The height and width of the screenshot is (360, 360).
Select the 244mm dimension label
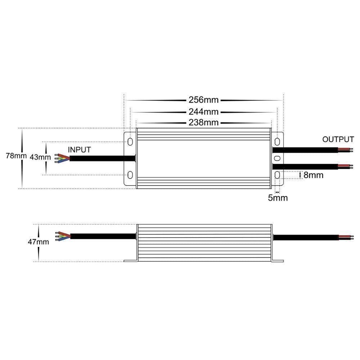point(204,112)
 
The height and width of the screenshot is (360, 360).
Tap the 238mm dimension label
point(204,123)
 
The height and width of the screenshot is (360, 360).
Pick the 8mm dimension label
point(313,175)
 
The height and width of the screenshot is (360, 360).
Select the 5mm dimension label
point(278,198)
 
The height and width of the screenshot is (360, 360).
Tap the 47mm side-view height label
point(38,242)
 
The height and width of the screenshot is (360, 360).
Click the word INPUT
point(80,149)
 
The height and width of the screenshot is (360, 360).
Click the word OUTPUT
point(338,139)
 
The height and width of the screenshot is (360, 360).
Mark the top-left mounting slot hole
point(130,141)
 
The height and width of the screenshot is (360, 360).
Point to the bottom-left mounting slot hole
point(130,175)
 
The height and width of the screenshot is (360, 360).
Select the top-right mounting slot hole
point(278,141)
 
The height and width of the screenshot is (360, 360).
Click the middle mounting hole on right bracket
point(278,158)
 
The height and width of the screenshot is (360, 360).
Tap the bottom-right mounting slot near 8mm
point(278,175)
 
